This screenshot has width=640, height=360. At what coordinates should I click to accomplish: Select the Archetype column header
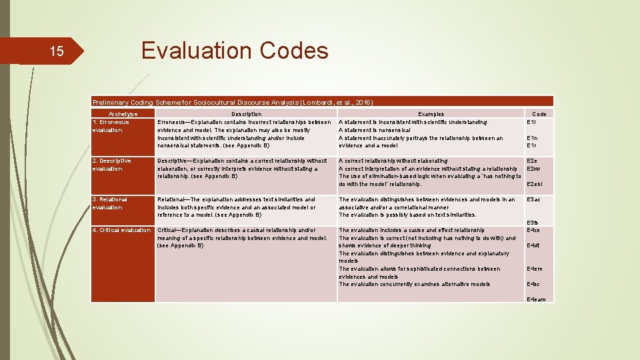pos(122,114)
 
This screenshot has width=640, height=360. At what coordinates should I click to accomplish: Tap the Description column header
pos(246,114)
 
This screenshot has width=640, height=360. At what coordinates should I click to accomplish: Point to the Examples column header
pos(431,114)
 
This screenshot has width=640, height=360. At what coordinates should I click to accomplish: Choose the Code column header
pos(539,114)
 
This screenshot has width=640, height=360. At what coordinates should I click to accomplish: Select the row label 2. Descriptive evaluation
pos(112,165)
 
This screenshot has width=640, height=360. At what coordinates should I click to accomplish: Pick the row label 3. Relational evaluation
pos(109,203)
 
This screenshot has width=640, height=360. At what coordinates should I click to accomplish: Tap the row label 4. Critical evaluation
pos(121,230)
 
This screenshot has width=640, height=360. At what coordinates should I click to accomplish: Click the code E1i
pos(532,122)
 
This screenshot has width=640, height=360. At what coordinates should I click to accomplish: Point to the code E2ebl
pos(535,184)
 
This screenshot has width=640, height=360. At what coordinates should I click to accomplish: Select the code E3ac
pos(534,199)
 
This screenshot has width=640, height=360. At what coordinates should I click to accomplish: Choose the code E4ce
pos(534,230)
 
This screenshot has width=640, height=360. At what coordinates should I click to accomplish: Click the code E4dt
pos(533,245)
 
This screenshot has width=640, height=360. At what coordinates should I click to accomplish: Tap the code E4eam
pos(536,299)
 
